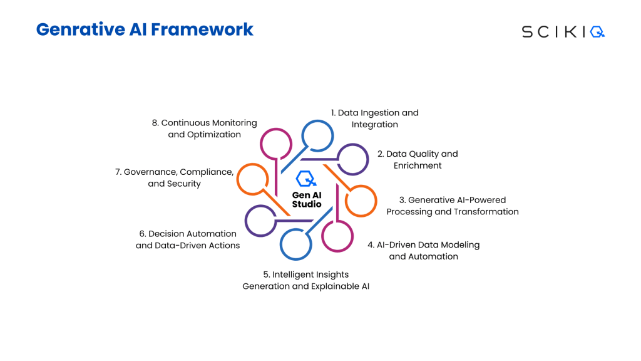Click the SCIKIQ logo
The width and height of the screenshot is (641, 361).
(x=563, y=32)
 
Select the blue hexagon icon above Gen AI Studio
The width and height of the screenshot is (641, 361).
(x=306, y=179)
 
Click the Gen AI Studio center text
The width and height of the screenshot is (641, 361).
(x=307, y=199)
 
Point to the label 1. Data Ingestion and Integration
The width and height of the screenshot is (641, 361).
(x=374, y=118)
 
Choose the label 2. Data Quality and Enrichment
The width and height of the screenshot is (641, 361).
(x=417, y=160)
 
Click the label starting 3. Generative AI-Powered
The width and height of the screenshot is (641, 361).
(x=453, y=206)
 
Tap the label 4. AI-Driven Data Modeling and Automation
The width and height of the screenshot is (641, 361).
(x=424, y=251)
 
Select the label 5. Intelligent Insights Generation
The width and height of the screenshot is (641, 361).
(x=306, y=280)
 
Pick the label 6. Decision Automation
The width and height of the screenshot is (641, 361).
(x=188, y=239)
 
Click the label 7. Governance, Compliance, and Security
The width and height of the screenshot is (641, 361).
(x=174, y=177)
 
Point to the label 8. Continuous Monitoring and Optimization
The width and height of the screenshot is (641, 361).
(x=205, y=128)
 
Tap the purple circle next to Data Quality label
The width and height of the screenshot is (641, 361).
(x=353, y=159)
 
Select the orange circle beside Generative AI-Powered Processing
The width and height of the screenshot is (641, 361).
(x=361, y=201)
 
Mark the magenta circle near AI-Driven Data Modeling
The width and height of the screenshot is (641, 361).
(x=337, y=236)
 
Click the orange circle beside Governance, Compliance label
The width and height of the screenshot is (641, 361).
(x=252, y=179)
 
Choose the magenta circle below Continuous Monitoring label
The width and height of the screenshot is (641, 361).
(x=276, y=144)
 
